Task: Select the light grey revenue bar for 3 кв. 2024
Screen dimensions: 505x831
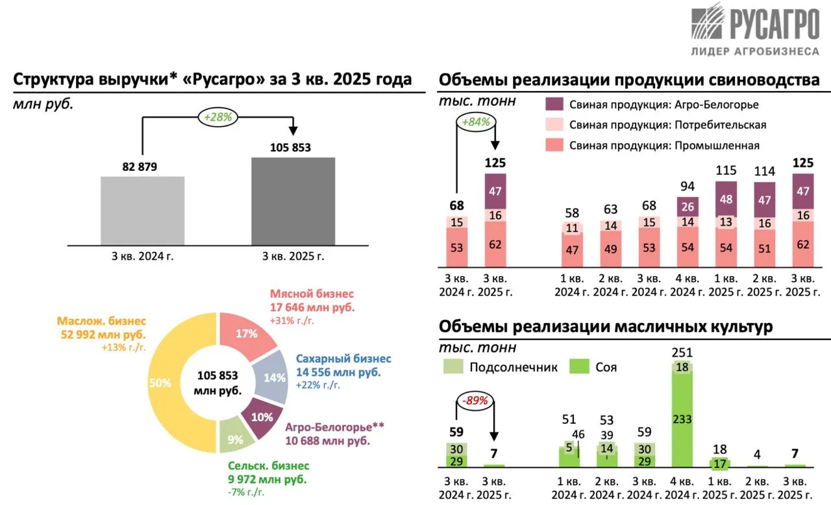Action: pyautogui.click(x=142, y=211)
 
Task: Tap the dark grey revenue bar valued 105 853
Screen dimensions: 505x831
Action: pyautogui.click(x=293, y=201)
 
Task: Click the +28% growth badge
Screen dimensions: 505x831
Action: pyautogui.click(x=218, y=117)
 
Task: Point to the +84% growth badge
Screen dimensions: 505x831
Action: pyautogui.click(x=476, y=122)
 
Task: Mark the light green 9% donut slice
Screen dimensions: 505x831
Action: pyautogui.click(x=234, y=439)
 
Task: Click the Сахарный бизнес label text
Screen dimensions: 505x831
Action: pyautogui.click(x=343, y=359)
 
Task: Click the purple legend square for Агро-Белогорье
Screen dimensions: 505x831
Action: pyautogui.click(x=554, y=104)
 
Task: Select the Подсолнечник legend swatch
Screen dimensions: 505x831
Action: pyautogui.click(x=452, y=367)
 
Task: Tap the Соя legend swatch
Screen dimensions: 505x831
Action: pyautogui.click(x=578, y=367)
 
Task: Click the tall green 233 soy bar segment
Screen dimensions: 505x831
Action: pyautogui.click(x=682, y=419)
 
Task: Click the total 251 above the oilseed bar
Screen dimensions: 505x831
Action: pyautogui.click(x=682, y=353)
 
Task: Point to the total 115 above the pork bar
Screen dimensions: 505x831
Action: pyautogui.click(x=726, y=171)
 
